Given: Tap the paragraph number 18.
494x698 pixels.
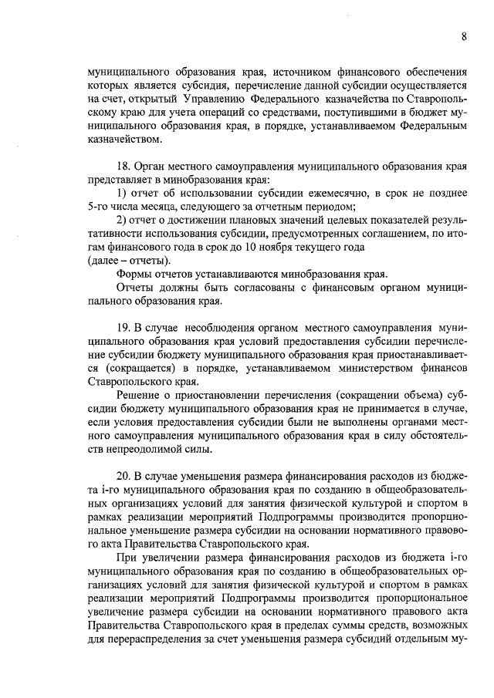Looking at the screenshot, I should click(123, 167).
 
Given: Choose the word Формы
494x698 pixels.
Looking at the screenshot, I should click(134, 275).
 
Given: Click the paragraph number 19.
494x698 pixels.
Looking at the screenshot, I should click(123, 329).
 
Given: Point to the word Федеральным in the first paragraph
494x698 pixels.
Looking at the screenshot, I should click(432, 126).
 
